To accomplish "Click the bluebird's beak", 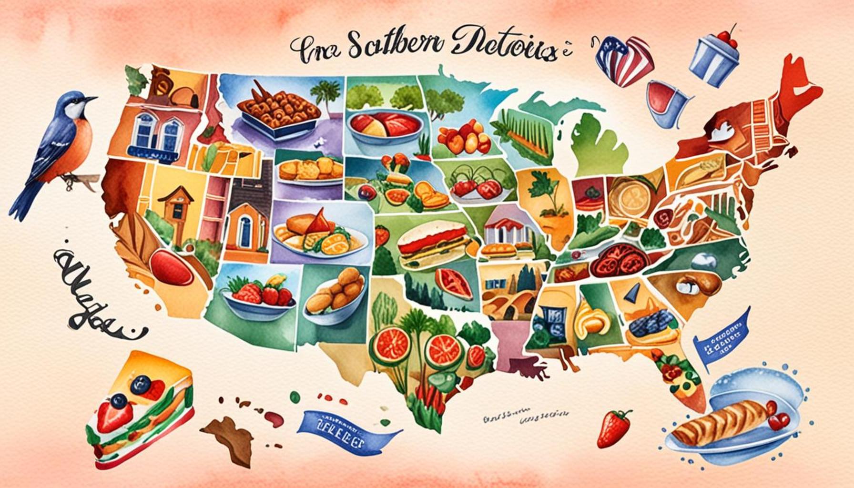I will (92, 99).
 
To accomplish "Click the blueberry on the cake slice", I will (141, 382).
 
